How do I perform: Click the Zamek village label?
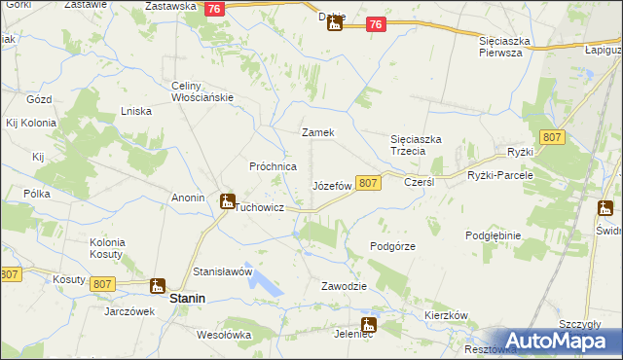tap(318, 132)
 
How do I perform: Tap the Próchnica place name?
tap(274, 166)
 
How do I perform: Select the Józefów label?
tap(331, 185)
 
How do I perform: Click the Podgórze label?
tap(393, 246)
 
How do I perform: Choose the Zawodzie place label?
tap(344, 286)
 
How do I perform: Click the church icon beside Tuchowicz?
tap(227, 203)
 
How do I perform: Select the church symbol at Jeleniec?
tap(369, 326)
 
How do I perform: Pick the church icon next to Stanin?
tap(157, 285)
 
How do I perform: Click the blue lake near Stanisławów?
tap(264, 282)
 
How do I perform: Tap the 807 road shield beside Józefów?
tap(367, 183)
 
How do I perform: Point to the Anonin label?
tap(188, 198)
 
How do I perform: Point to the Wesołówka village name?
tap(224, 335)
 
